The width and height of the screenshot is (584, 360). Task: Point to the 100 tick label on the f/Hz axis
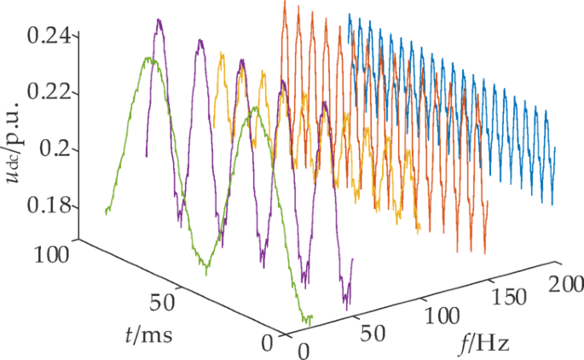[442, 316]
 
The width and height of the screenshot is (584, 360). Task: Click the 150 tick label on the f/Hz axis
[510, 299]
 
